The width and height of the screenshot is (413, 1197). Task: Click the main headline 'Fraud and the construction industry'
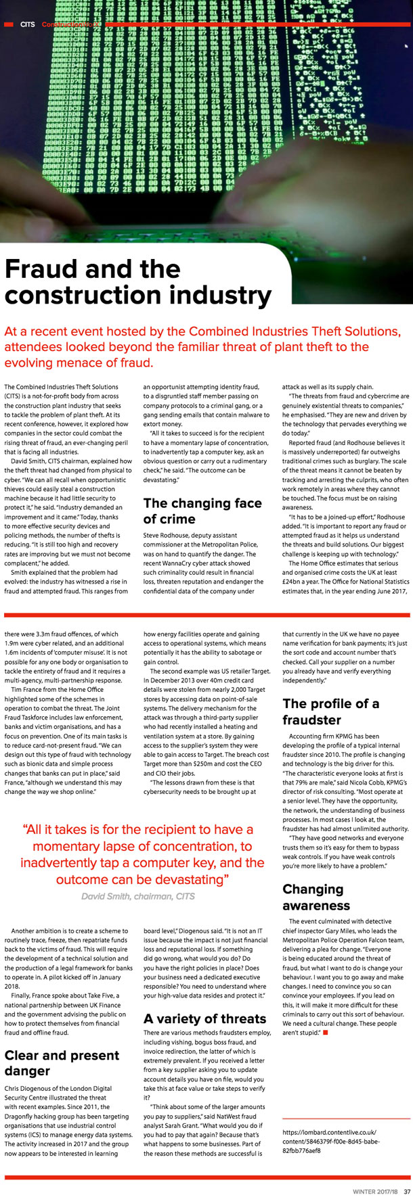tap(138, 283)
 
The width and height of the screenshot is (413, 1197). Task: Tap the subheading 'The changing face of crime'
tap(202, 511)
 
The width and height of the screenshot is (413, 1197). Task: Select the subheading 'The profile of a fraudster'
tap(330, 711)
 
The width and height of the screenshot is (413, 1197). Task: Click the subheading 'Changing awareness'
tap(316, 897)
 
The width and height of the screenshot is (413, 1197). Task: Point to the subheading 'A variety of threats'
tap(204, 1018)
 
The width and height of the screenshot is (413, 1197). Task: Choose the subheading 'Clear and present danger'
tap(62, 1062)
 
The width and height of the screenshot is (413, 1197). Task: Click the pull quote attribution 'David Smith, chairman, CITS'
tap(137, 896)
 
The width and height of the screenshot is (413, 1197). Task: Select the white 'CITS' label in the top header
tap(28, 24)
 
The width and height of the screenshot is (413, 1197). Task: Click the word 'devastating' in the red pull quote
tap(190, 879)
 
